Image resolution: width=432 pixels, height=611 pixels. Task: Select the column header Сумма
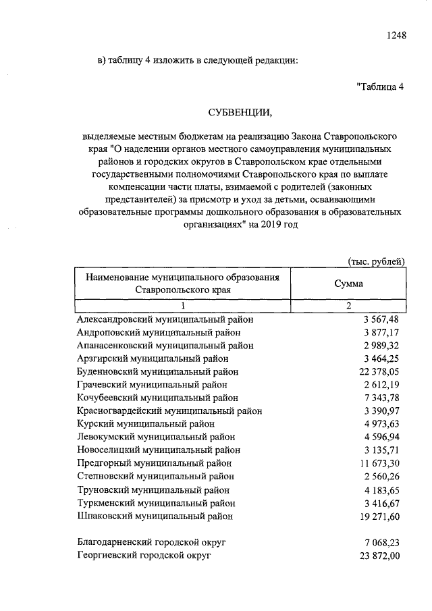[x=348, y=284]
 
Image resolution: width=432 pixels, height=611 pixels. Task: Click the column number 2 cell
[x=349, y=306]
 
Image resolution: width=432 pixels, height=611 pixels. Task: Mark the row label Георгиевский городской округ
[x=144, y=555]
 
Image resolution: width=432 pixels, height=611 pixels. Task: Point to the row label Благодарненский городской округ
[x=151, y=542]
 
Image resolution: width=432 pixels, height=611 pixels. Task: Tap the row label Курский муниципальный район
[x=146, y=424]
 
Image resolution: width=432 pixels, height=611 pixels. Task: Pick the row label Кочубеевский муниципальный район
[x=157, y=398]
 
